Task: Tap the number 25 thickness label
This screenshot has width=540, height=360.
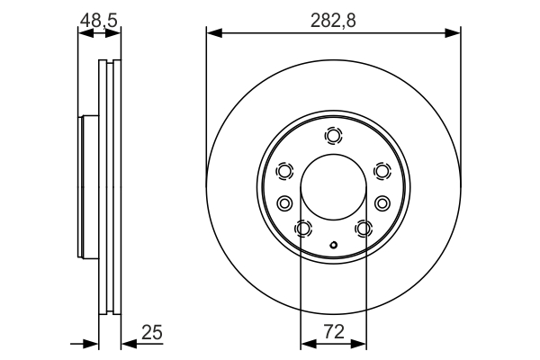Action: [x=152, y=333]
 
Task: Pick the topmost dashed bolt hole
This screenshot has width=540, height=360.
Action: [x=334, y=137]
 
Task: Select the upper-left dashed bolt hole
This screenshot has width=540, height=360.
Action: [x=285, y=171]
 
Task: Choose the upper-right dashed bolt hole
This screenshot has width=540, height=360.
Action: [x=382, y=171]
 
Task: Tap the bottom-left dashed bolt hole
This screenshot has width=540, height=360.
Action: [x=303, y=229]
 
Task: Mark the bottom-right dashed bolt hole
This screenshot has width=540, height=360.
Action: [x=364, y=229]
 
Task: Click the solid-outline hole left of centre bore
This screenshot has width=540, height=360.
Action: [x=284, y=202]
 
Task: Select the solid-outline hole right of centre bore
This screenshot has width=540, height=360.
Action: [x=382, y=202]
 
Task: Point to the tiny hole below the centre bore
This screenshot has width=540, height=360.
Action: [x=334, y=244]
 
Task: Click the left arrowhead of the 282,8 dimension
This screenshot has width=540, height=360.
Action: [x=212, y=33]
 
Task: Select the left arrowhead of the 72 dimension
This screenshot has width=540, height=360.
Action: [x=306, y=342]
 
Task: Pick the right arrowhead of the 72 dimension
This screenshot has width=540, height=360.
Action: [x=361, y=342]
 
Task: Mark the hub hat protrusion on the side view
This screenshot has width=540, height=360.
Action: [x=87, y=186]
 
